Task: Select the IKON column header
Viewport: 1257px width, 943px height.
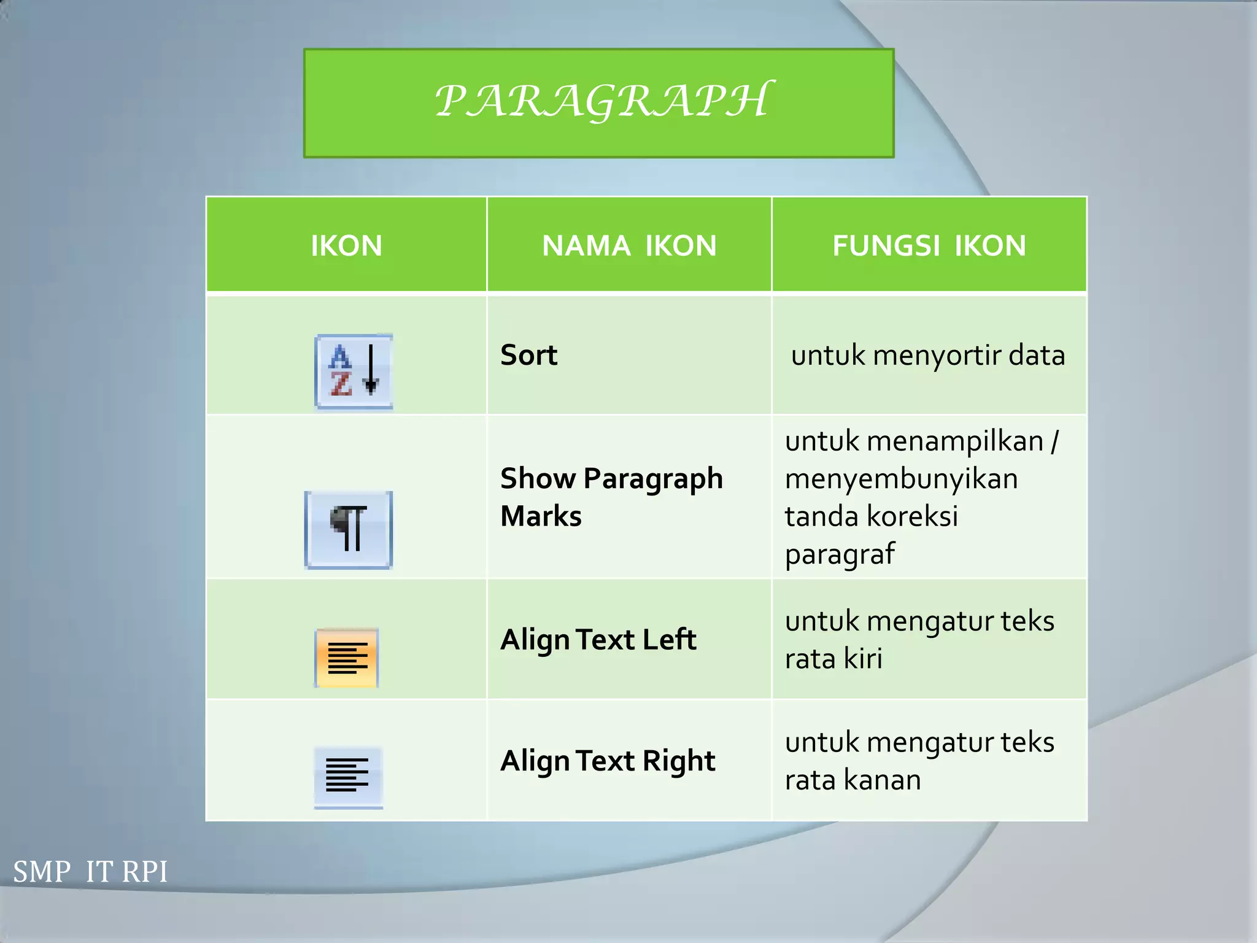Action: click(x=346, y=246)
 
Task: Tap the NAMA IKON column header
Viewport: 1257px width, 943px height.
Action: click(x=629, y=246)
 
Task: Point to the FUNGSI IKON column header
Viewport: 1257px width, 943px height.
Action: click(x=929, y=246)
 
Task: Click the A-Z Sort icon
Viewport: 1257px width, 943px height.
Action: click(x=354, y=371)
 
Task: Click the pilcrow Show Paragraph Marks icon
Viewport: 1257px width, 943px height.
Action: click(x=348, y=529)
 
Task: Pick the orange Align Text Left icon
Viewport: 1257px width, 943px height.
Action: click(x=347, y=658)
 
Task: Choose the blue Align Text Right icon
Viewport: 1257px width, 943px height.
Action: click(x=348, y=777)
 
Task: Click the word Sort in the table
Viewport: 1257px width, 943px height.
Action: click(x=528, y=355)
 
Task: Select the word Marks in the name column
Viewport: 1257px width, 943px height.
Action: click(x=541, y=516)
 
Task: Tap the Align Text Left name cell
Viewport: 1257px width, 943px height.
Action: click(x=598, y=640)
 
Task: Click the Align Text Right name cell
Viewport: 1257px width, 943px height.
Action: click(x=608, y=761)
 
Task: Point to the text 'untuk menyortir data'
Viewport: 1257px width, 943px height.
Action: click(x=927, y=355)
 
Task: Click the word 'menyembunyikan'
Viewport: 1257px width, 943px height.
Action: click(x=901, y=479)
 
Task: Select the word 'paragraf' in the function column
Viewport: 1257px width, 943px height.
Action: click(x=840, y=554)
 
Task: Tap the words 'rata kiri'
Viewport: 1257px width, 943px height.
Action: click(x=833, y=659)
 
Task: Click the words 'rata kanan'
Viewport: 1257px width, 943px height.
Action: click(x=853, y=780)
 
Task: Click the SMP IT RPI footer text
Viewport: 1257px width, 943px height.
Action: click(x=90, y=872)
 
